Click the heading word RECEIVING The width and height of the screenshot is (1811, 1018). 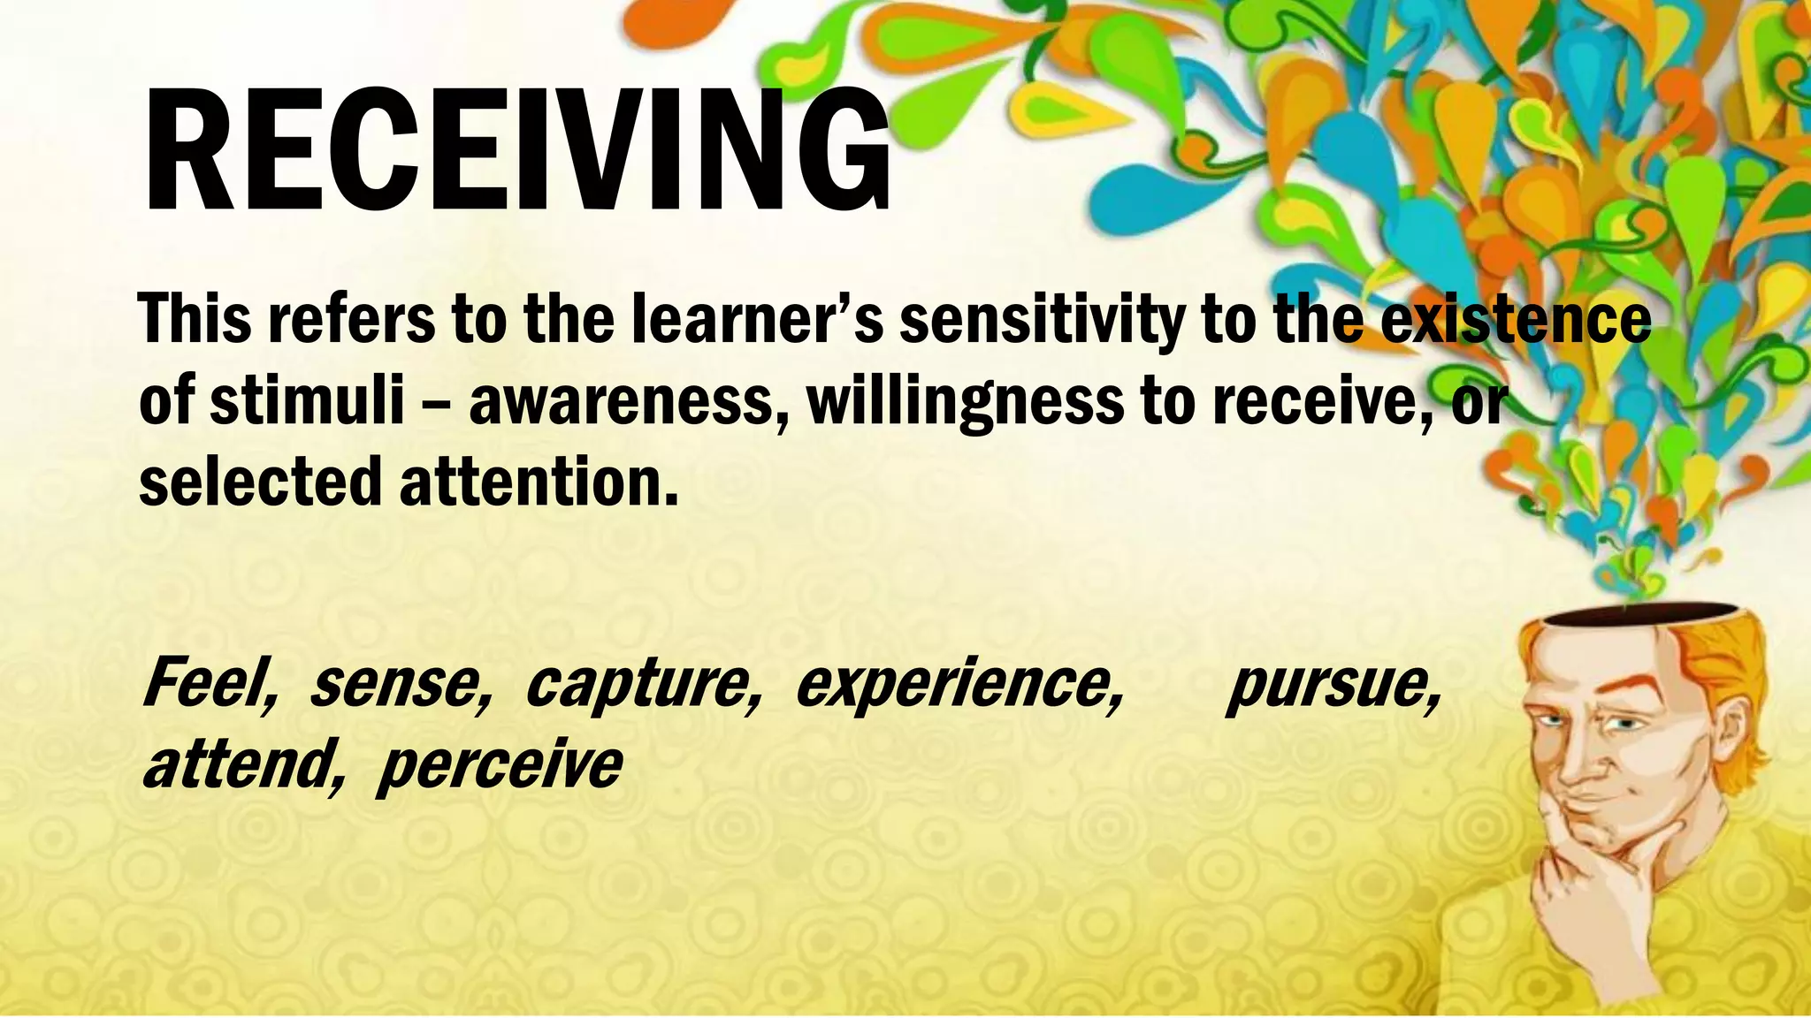pyautogui.click(x=517, y=150)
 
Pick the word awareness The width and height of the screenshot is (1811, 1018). pyautogui.click(x=628, y=401)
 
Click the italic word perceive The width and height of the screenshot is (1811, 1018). pyautogui.click(x=500, y=766)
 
